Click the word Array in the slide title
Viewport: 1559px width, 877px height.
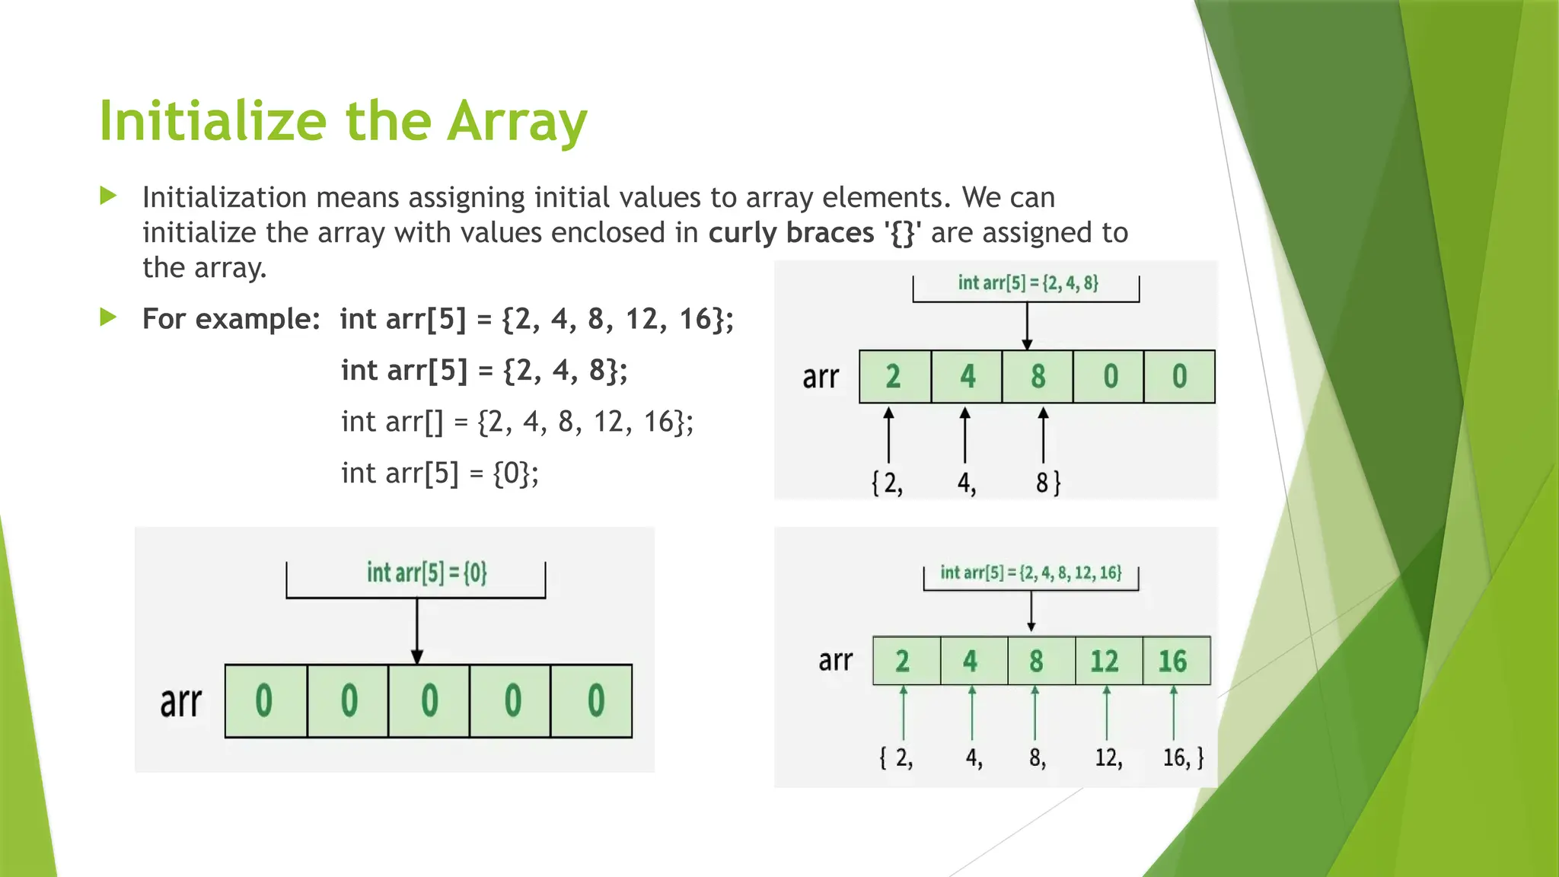click(x=517, y=122)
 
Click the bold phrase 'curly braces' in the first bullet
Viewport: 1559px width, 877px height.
click(x=791, y=233)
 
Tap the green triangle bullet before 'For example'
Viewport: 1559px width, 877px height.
click(x=108, y=317)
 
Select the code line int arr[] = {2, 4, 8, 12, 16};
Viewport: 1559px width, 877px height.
click(x=517, y=422)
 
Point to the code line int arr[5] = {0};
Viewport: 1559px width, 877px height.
click(x=439, y=474)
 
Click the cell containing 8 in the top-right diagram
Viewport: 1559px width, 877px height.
click(x=1038, y=377)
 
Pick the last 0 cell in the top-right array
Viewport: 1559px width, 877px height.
click(x=1179, y=377)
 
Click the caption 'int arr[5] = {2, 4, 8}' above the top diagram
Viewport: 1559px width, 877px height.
click(x=1028, y=283)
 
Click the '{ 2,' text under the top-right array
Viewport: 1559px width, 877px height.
click(x=887, y=483)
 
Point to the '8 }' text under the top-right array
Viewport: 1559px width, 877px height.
click(x=1047, y=483)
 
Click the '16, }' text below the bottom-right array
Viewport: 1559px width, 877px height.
click(x=1183, y=757)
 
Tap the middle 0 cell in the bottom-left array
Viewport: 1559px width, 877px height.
click(x=429, y=700)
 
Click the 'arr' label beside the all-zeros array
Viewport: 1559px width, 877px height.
click(x=180, y=702)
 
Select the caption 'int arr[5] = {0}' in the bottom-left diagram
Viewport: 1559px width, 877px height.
click(x=426, y=572)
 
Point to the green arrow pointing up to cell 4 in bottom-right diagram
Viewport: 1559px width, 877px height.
click(x=972, y=713)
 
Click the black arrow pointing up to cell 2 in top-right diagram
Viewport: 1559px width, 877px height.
click(x=888, y=435)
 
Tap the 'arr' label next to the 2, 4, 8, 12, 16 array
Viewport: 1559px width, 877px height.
click(x=835, y=660)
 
